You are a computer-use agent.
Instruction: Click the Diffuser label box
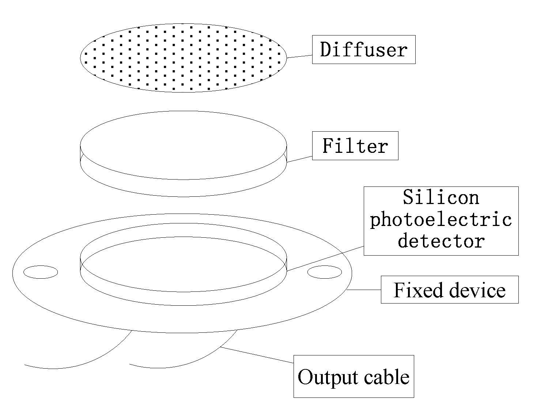pyautogui.click(x=363, y=49)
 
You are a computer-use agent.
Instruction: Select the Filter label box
pyautogui.click(x=355, y=146)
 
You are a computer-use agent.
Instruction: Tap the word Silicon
pyautogui.click(x=441, y=197)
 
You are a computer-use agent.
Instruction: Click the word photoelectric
pyautogui.click(x=441, y=219)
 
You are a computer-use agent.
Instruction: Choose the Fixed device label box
pyautogui.click(x=449, y=290)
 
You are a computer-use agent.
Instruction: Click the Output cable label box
pyautogui.click(x=354, y=376)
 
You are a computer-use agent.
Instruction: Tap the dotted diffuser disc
pyautogui.click(x=183, y=57)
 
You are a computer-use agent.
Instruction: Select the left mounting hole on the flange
pyautogui.click(x=41, y=272)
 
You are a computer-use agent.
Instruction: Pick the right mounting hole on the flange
pyautogui.click(x=325, y=272)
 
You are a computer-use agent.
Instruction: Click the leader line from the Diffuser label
pyautogui.click(x=299, y=56)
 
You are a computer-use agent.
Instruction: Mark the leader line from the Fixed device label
pyautogui.click(x=364, y=290)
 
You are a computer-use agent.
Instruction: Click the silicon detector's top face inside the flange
pyautogui.click(x=183, y=263)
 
